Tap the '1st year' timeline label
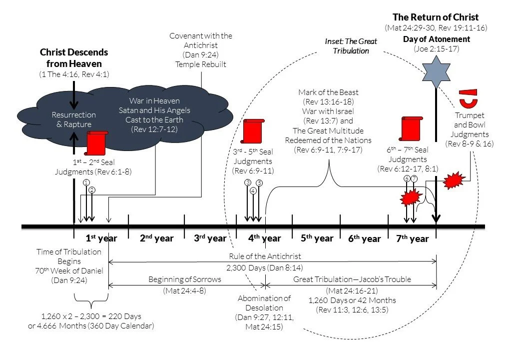click(x=101, y=238)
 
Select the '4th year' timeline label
click(x=265, y=238)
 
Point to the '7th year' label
click(x=412, y=238)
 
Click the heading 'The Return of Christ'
click(x=436, y=17)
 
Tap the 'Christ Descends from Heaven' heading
click(x=74, y=58)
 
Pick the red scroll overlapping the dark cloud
click(x=96, y=143)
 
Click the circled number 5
click(x=259, y=183)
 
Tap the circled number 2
click(x=92, y=190)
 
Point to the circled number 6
click(x=407, y=178)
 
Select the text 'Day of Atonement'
click(x=436, y=39)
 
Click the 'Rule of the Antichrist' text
click(x=273, y=256)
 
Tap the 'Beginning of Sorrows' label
click(x=184, y=279)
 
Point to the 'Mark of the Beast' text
click(x=328, y=92)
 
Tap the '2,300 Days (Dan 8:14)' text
click(x=273, y=268)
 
